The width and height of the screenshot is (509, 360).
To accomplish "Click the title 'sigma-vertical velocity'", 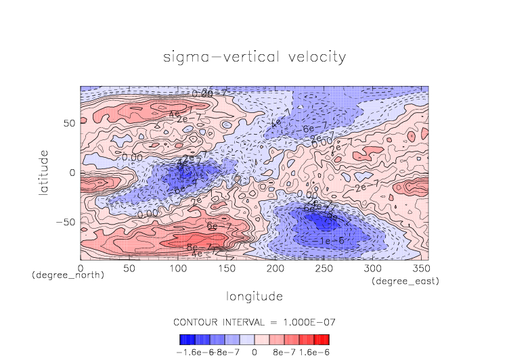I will [255, 57].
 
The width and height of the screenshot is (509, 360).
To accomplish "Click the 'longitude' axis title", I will [255, 296].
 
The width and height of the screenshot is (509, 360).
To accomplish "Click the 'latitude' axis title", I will [44, 173].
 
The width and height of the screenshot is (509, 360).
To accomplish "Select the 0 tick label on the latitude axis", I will [72, 173].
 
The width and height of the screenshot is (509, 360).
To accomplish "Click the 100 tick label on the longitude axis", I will [177, 269].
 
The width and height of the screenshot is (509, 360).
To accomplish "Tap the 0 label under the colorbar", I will [255, 352].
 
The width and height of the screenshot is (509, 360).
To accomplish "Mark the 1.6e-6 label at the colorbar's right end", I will [313, 352].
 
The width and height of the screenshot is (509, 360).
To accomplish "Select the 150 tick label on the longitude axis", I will [226, 269].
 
